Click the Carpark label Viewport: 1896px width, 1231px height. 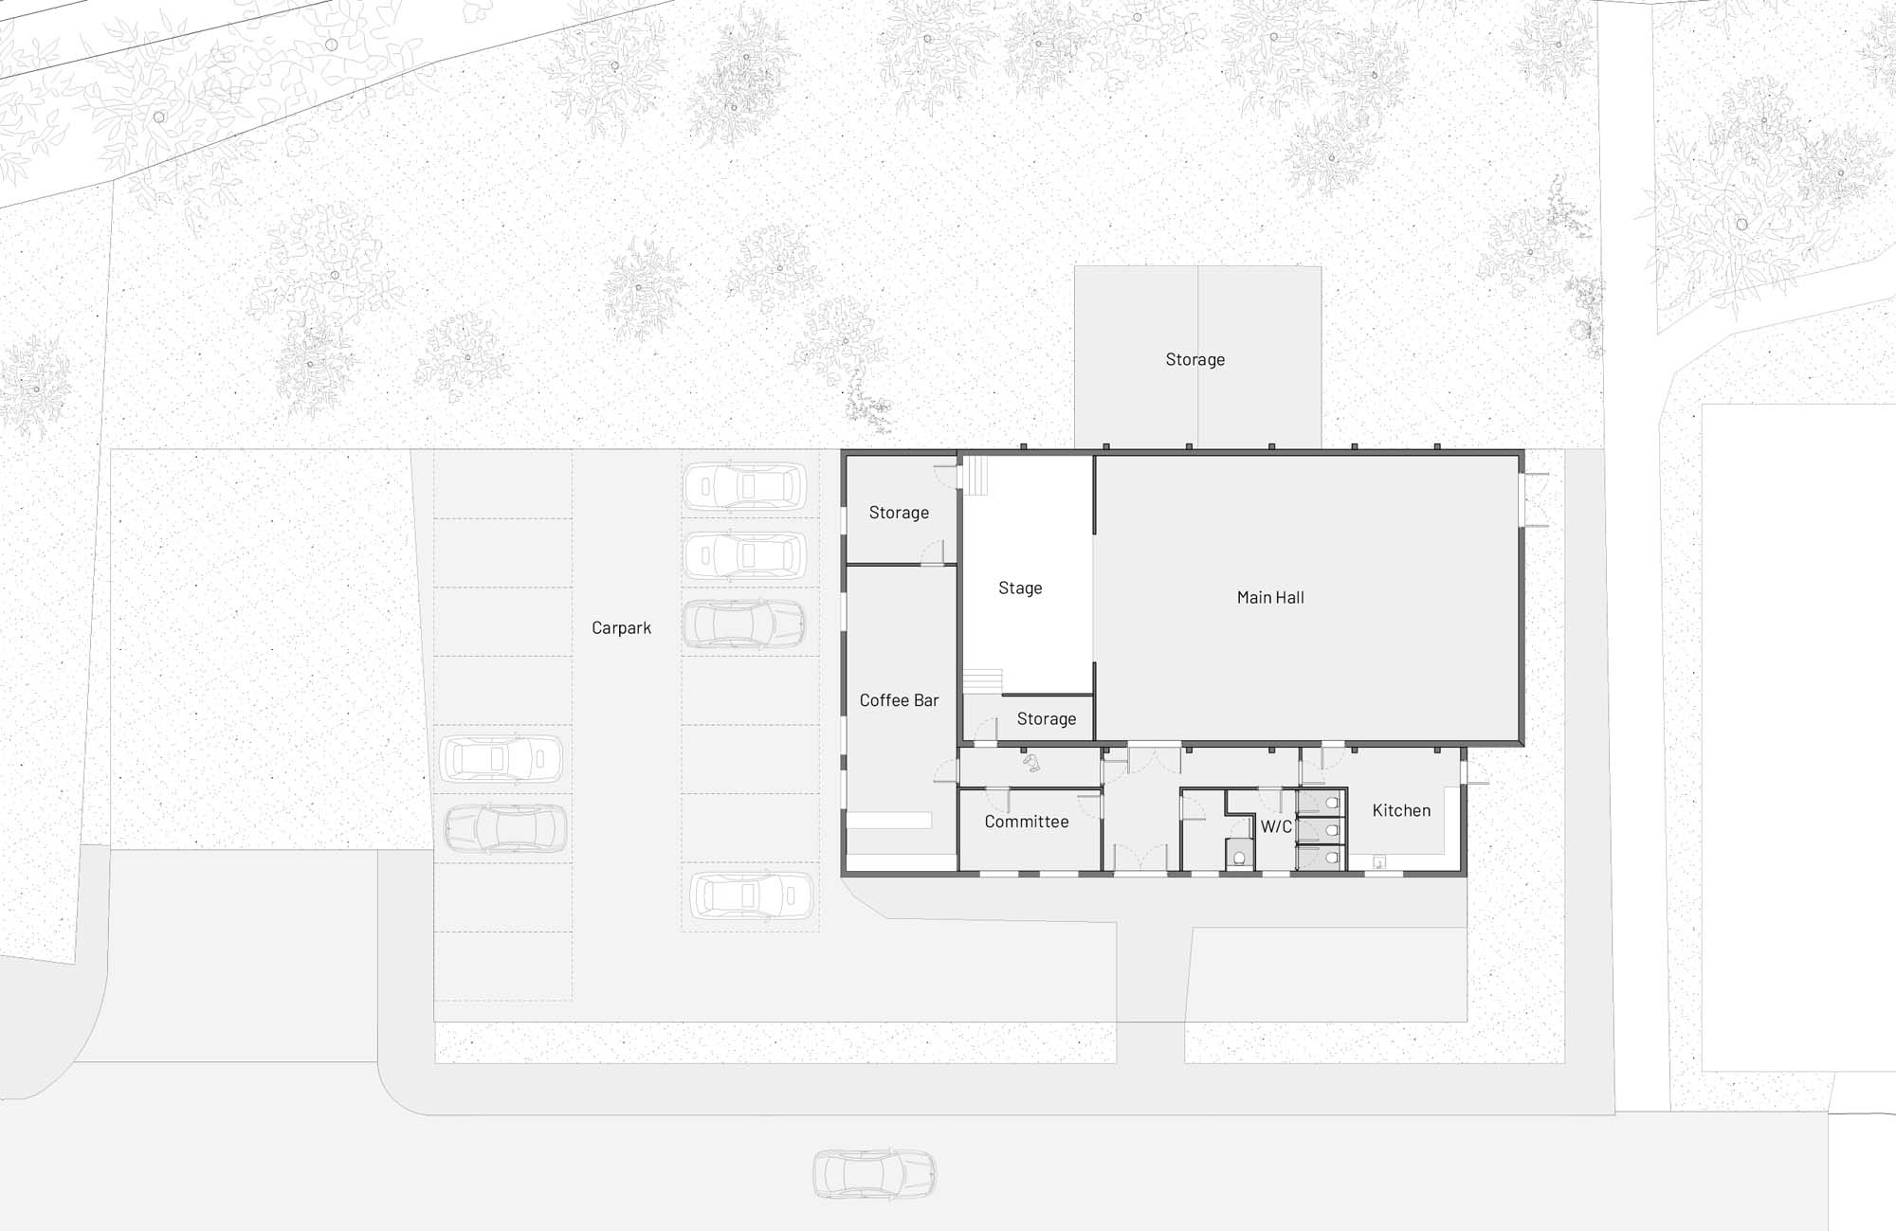(x=621, y=627)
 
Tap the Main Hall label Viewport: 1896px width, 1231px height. (x=1270, y=597)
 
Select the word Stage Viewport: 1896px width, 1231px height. (x=1020, y=588)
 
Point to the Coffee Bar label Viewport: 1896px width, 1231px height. (x=899, y=700)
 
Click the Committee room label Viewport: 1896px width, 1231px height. (x=1027, y=822)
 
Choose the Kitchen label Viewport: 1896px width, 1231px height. (x=1401, y=810)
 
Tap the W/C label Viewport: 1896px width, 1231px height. (x=1276, y=826)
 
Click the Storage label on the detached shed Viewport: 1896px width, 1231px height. (x=1195, y=359)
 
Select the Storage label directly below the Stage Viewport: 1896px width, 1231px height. (x=1047, y=718)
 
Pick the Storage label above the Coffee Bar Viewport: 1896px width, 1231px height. (x=899, y=513)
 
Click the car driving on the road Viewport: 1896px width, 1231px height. (x=874, y=1174)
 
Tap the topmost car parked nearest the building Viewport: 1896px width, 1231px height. (x=745, y=486)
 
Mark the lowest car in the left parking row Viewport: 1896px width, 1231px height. (x=505, y=827)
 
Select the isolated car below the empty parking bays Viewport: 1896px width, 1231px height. (x=751, y=896)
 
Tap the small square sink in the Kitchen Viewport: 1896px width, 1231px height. (x=1379, y=862)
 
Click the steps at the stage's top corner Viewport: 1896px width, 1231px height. (x=976, y=475)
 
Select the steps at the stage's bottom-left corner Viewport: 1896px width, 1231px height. (x=983, y=681)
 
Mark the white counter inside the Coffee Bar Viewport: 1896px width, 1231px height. (x=889, y=821)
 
